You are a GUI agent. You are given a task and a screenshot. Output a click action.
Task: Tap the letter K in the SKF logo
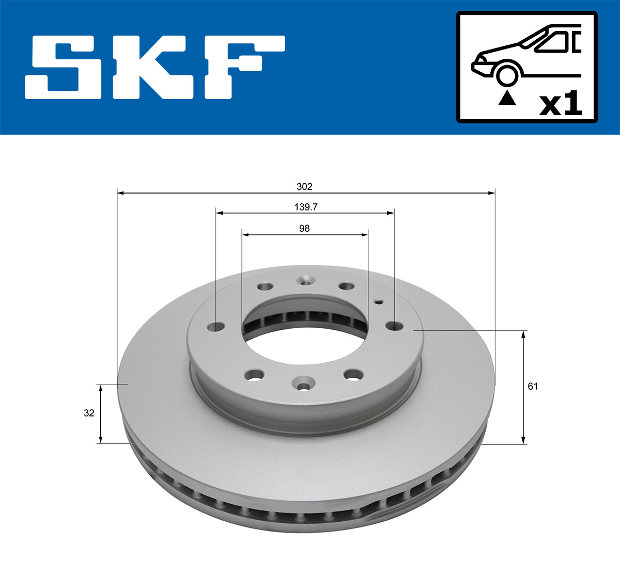(x=155, y=67)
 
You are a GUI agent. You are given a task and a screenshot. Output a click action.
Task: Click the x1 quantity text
(x=561, y=105)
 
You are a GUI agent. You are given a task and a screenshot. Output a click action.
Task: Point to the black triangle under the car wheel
(x=507, y=98)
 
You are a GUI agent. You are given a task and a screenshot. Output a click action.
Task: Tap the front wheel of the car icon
(x=506, y=74)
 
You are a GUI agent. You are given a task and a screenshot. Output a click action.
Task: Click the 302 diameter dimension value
(x=304, y=186)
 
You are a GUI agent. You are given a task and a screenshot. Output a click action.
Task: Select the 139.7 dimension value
(x=306, y=207)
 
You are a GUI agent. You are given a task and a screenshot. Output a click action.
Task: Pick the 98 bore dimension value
(x=304, y=228)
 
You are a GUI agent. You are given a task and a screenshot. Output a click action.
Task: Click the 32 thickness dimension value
(x=89, y=413)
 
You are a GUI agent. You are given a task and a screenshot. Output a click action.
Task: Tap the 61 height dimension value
(x=533, y=386)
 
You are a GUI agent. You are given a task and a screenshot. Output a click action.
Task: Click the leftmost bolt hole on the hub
(x=216, y=327)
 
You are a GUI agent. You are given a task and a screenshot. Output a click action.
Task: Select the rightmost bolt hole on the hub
(x=395, y=326)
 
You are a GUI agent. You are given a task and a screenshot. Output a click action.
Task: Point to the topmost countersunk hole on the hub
(x=305, y=280)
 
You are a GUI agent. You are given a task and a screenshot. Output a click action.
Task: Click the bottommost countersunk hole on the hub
(x=303, y=383)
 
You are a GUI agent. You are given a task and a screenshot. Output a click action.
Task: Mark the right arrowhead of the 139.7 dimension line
(x=391, y=213)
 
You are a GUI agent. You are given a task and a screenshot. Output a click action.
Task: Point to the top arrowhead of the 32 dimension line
(x=101, y=388)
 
